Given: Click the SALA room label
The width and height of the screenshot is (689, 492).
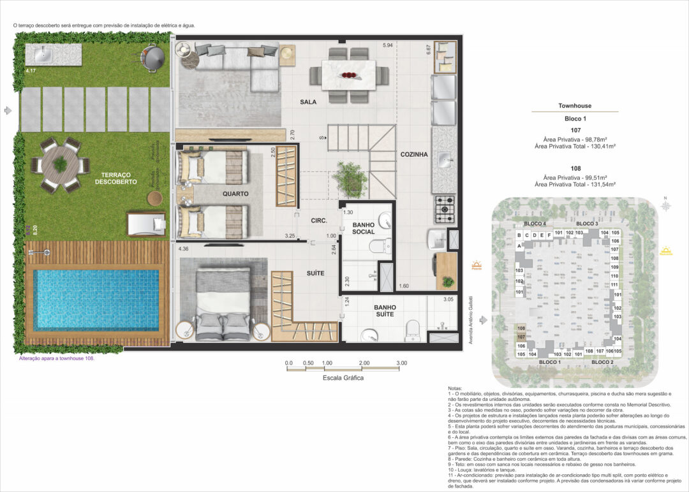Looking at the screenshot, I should (x=309, y=102).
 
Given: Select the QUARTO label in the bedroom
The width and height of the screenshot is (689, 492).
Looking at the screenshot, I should (x=235, y=194).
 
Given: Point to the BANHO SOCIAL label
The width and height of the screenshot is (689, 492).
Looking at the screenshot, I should (x=363, y=227).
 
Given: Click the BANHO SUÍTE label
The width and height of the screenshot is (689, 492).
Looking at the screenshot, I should (x=385, y=310).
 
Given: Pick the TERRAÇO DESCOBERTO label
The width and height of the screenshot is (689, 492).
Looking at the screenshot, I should (x=115, y=178).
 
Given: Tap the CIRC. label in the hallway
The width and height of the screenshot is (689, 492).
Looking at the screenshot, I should (x=319, y=221).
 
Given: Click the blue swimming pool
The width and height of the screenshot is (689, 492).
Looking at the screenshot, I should (x=96, y=300).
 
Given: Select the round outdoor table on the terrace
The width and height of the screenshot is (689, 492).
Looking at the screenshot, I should (x=60, y=165).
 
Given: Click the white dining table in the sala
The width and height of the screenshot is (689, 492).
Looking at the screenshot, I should (x=348, y=76).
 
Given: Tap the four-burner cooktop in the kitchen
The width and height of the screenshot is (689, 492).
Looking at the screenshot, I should (x=443, y=206).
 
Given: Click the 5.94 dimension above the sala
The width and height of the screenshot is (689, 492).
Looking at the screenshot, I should (x=388, y=46).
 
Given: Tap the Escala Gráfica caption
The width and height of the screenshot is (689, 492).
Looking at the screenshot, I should (x=343, y=378).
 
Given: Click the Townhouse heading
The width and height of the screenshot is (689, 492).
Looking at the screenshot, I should (x=574, y=106).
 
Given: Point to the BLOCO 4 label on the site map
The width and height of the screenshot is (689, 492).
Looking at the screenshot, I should (x=535, y=224).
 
